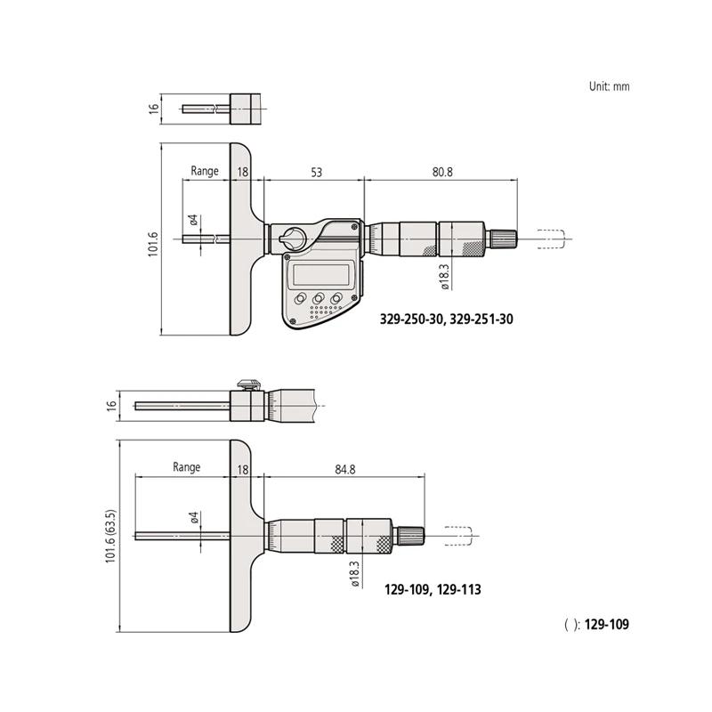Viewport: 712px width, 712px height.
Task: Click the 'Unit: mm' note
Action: (609, 86)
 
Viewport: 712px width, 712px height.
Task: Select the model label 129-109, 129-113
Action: (433, 589)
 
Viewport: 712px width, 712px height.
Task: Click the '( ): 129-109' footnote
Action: (596, 625)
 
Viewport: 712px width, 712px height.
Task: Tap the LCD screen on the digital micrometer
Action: (321, 273)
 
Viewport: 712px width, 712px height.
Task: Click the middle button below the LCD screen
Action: (320, 299)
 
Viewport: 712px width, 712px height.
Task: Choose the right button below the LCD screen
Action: (338, 299)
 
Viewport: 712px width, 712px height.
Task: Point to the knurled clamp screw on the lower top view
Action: (249, 385)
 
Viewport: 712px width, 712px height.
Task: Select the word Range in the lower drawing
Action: (187, 467)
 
